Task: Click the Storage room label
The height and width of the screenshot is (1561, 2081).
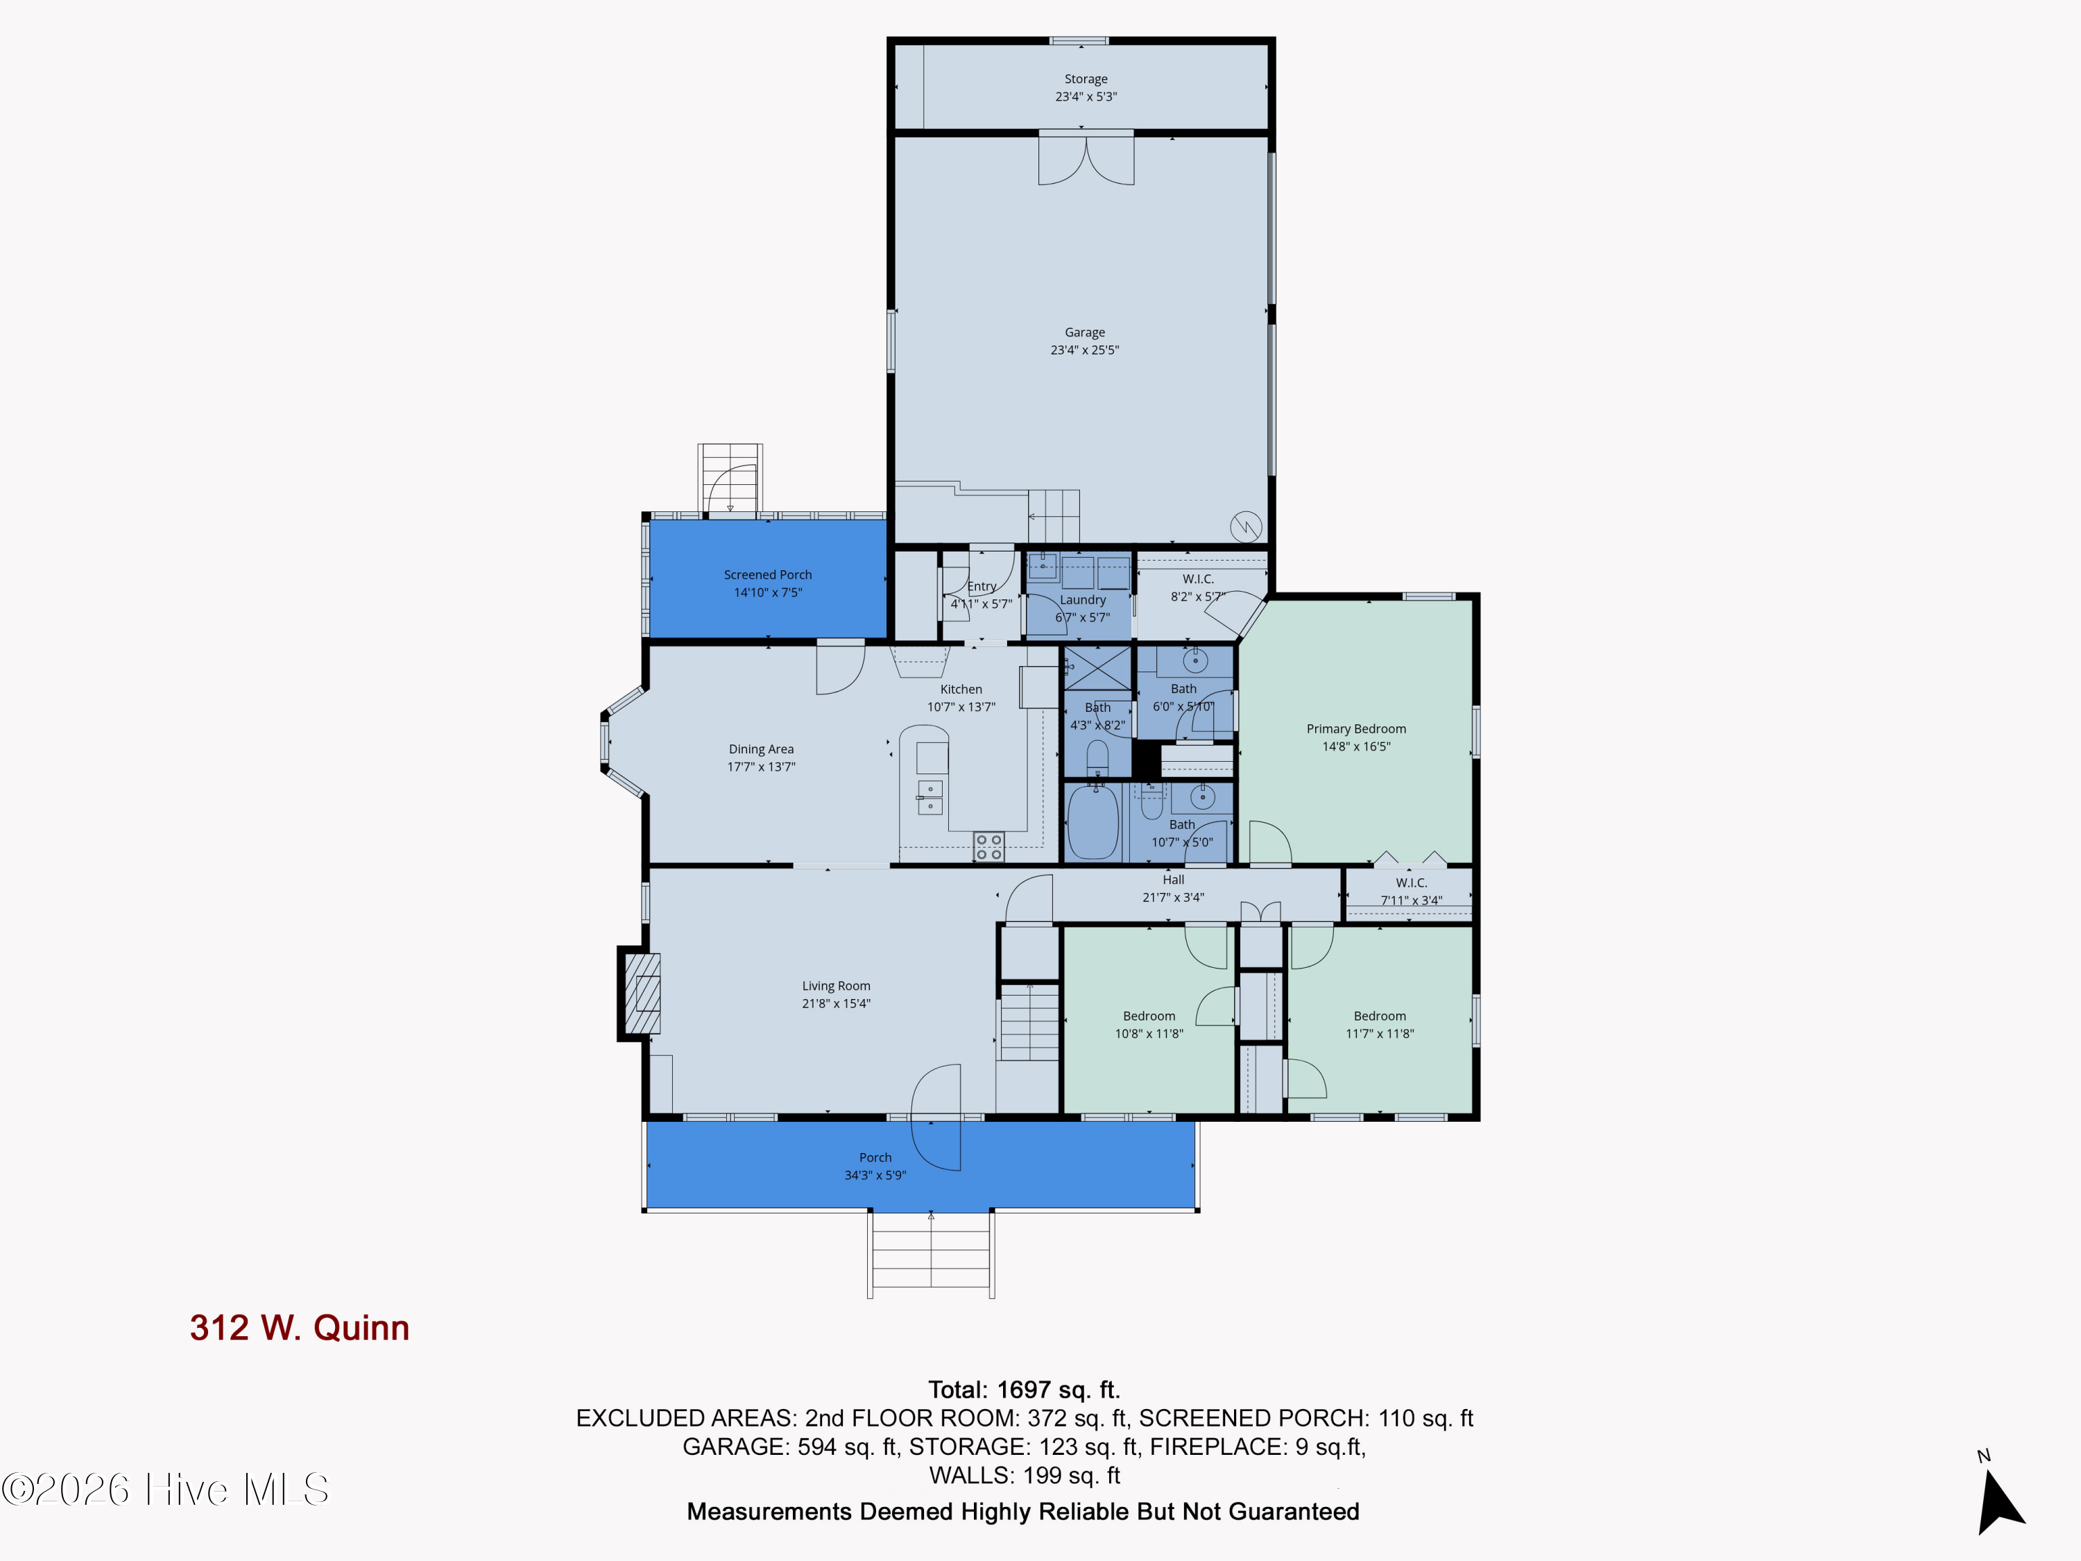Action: pyautogui.click(x=1086, y=79)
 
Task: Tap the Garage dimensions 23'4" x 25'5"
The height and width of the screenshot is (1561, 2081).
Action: pyautogui.click(x=1085, y=350)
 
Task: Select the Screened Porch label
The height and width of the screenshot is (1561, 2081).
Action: pyautogui.click(x=768, y=575)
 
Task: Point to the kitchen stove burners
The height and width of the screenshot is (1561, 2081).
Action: pyautogui.click(x=988, y=847)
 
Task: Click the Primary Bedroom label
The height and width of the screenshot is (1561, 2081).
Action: pyautogui.click(x=1355, y=729)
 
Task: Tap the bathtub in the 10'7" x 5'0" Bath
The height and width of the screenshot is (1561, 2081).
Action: pyautogui.click(x=1093, y=821)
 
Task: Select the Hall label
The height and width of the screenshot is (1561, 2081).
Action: pyautogui.click(x=1173, y=880)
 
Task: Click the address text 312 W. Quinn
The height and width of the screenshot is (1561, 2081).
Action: pyautogui.click(x=299, y=1328)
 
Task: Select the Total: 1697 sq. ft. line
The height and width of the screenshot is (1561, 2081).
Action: pyautogui.click(x=1024, y=1390)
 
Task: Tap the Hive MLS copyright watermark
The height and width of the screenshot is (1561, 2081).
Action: pyautogui.click(x=166, y=1490)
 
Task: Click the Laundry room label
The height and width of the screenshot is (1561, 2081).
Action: pyautogui.click(x=1083, y=600)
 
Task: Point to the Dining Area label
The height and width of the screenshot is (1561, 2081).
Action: pyautogui.click(x=761, y=750)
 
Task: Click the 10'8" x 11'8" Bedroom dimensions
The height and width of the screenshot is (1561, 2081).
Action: pyautogui.click(x=1149, y=1034)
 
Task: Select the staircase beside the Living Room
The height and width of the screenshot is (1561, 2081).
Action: pyautogui.click(x=1029, y=1021)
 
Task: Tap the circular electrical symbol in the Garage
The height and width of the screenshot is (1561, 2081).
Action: pyautogui.click(x=1246, y=527)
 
